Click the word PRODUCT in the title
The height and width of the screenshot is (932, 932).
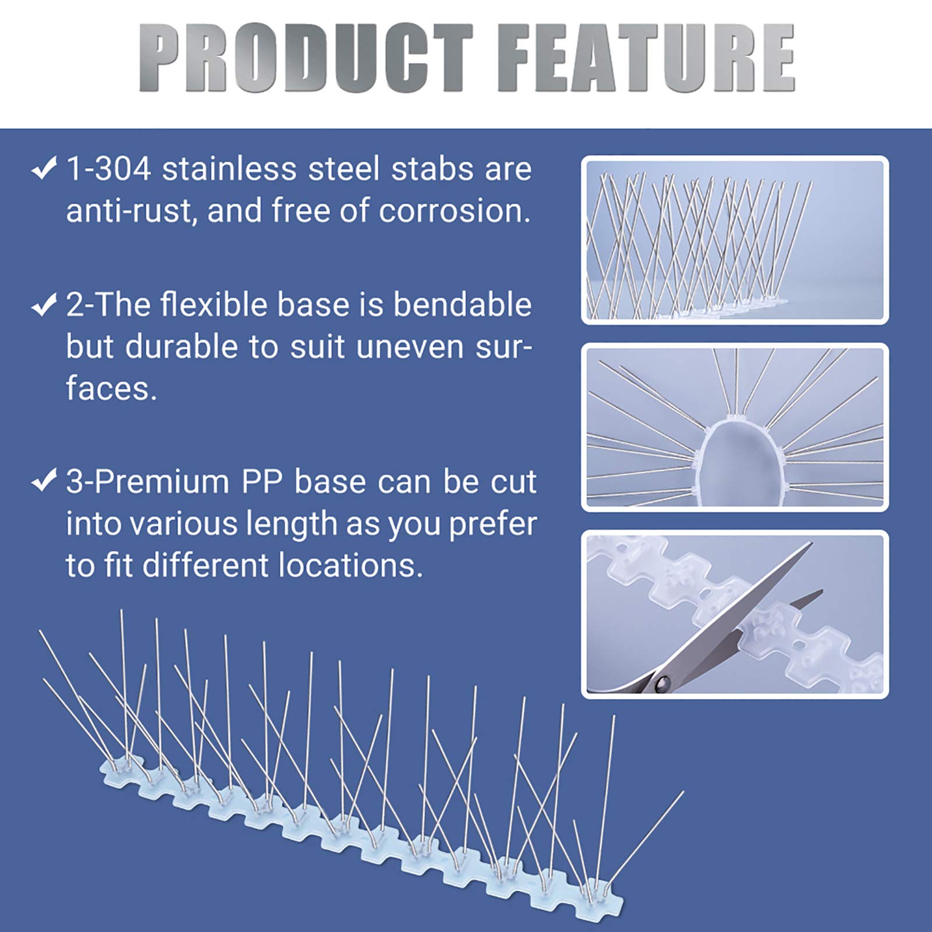pyautogui.click(x=306, y=58)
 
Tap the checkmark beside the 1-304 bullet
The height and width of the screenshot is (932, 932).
pyautogui.click(x=44, y=169)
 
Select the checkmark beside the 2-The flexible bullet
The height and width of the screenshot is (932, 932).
pyautogui.click(x=44, y=304)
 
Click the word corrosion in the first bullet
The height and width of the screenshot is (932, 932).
pyautogui.click(x=454, y=211)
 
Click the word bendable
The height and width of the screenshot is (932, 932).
pyautogui.click(x=462, y=304)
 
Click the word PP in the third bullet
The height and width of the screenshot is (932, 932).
pyautogui.click(x=262, y=482)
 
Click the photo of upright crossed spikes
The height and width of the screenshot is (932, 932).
pyautogui.click(x=735, y=240)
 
